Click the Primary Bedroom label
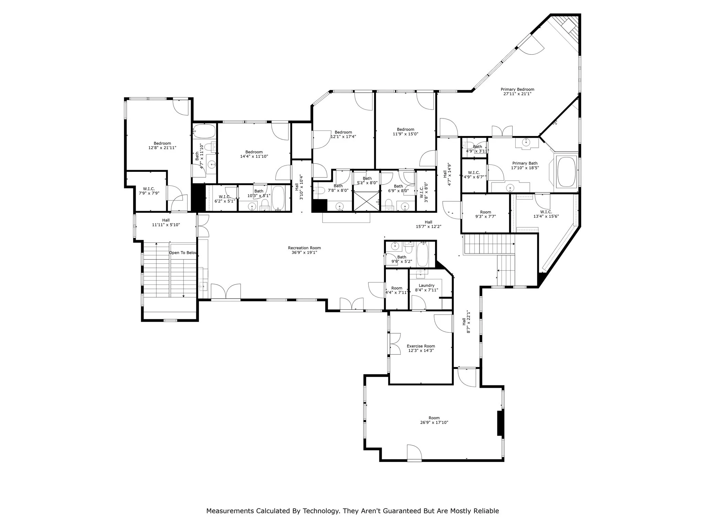tap(517, 90)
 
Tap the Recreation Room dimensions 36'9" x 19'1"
tap(304, 252)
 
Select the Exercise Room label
tap(421, 346)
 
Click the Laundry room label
tap(427, 286)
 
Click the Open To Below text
tap(183, 253)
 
